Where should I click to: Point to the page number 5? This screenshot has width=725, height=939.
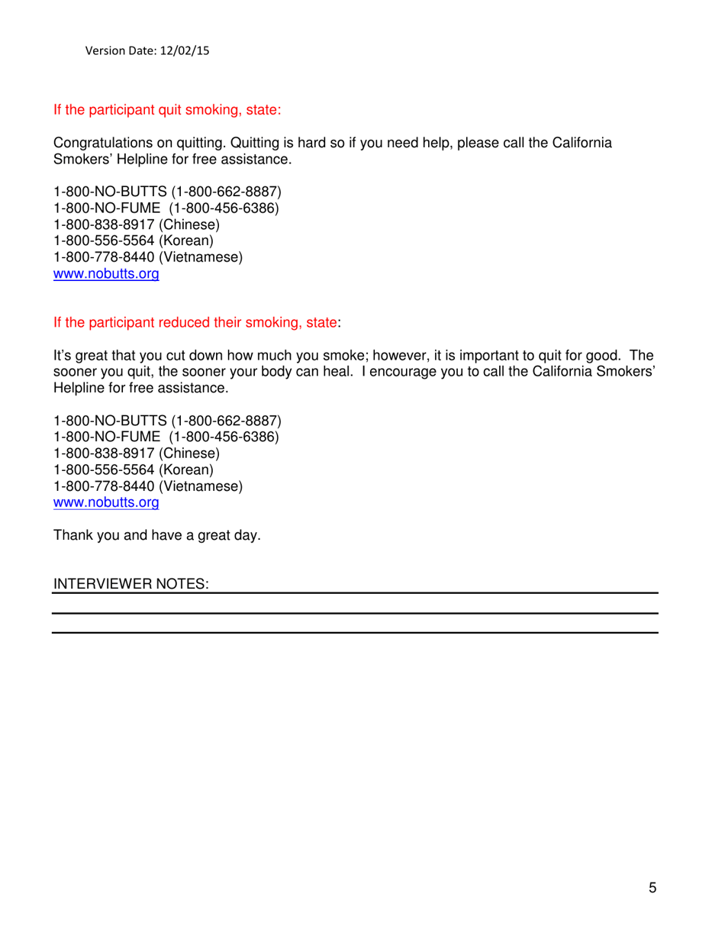tap(652, 887)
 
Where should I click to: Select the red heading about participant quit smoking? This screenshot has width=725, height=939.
tap(167, 110)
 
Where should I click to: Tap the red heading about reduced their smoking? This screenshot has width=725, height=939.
tap(195, 323)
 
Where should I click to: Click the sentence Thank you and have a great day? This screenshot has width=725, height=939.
tap(156, 536)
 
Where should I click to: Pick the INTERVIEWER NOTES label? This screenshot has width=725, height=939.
tap(130, 584)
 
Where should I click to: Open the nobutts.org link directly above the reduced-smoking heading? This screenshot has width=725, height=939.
tap(105, 275)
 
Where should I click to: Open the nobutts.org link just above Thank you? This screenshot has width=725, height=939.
tap(105, 503)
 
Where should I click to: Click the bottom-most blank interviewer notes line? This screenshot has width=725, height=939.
tap(355, 632)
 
